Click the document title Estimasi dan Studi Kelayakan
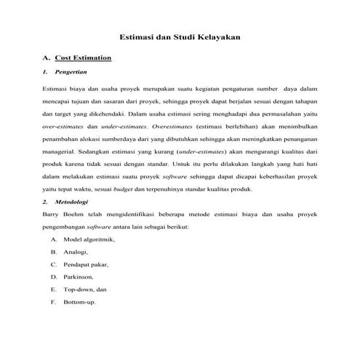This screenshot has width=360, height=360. coord(180,36)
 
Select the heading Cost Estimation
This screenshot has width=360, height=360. coord(83,57)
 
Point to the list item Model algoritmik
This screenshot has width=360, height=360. coord(89,239)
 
